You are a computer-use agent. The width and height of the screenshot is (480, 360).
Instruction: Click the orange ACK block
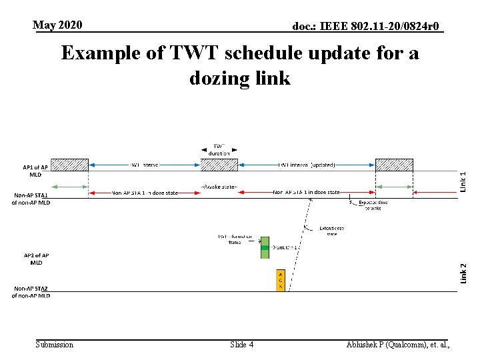click(x=281, y=281)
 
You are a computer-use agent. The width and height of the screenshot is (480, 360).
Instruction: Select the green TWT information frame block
click(x=265, y=247)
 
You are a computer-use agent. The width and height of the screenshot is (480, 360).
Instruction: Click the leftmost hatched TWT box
click(x=69, y=165)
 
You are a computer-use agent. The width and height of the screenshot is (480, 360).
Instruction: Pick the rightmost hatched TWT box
click(x=394, y=165)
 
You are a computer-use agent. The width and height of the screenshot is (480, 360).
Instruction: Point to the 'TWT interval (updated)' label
click(x=307, y=165)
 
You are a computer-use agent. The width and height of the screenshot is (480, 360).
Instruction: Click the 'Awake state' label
click(x=219, y=187)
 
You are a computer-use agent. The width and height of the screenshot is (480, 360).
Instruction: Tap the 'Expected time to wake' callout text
click(x=373, y=205)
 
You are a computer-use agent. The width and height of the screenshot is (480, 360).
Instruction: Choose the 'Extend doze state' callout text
click(x=331, y=231)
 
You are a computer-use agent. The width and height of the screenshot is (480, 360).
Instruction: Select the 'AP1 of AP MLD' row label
click(x=35, y=171)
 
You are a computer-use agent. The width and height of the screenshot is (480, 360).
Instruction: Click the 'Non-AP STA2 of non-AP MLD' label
click(x=31, y=292)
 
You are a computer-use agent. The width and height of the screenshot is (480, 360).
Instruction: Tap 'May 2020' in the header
click(x=58, y=25)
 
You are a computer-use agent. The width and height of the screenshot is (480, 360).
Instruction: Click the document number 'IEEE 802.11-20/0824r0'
click(x=367, y=27)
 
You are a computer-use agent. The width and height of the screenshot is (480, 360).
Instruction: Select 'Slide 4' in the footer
click(x=241, y=345)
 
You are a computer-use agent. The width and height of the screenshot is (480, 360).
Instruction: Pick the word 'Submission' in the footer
click(x=55, y=345)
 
